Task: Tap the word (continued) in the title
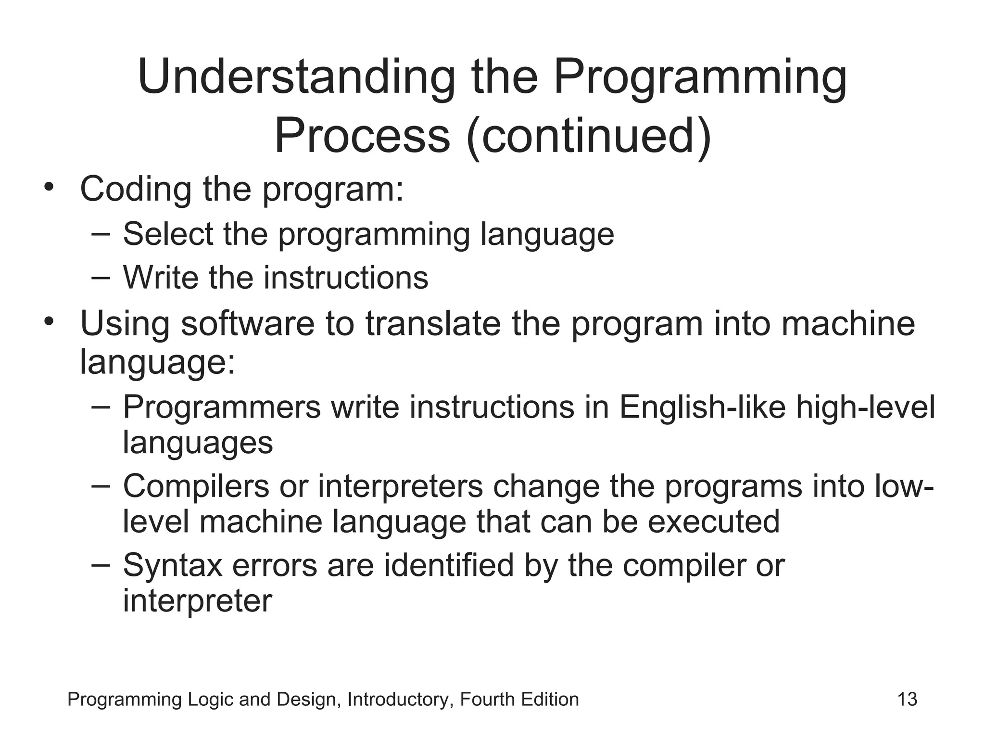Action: click(x=589, y=136)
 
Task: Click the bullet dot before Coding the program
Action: click(x=48, y=187)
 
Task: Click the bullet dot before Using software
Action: click(x=48, y=321)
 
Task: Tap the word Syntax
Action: click(x=172, y=565)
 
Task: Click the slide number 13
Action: click(x=907, y=699)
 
